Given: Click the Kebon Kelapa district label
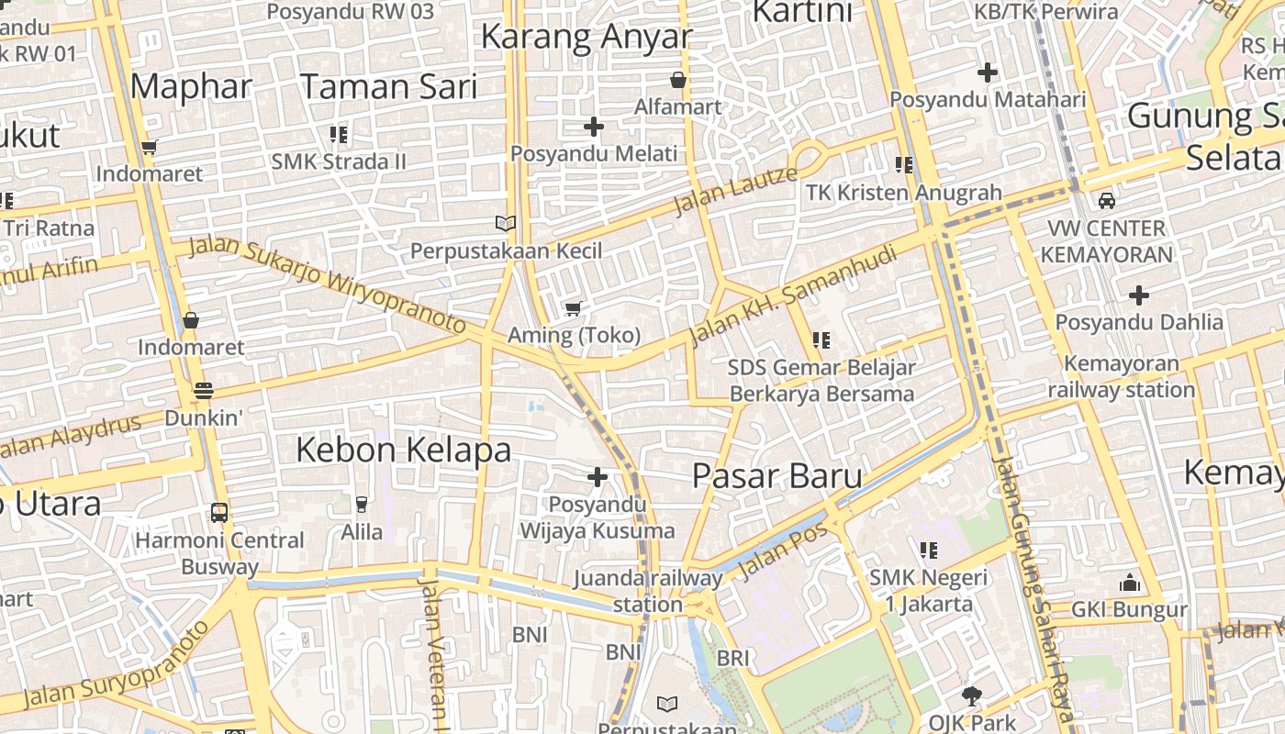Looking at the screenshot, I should pos(403,450).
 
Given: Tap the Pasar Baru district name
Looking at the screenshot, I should pos(777,475).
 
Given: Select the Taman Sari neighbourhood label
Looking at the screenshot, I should pos(388,86).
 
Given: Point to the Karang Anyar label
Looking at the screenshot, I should pos(586,37).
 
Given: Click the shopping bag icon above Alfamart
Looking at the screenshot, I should pos(678,81).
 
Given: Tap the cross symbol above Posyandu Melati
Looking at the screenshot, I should pos(594,127).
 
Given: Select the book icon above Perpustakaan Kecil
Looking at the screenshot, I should pos(506,223).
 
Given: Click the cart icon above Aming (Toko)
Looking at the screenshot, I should pos(574,308).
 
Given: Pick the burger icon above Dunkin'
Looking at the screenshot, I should pos(203,391).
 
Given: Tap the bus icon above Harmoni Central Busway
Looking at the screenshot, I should pos(219,513).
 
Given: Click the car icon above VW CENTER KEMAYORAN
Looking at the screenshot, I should pos(1107,201).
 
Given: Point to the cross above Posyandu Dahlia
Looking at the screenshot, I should pos(1139,295).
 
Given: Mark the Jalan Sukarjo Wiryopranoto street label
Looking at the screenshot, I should pos(328,285).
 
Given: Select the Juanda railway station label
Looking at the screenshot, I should pos(648,591).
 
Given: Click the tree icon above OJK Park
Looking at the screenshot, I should pos(971,696).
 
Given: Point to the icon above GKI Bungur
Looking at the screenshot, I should pos(1129,584).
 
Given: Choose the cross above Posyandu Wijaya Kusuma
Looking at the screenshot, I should pos(598,477).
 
